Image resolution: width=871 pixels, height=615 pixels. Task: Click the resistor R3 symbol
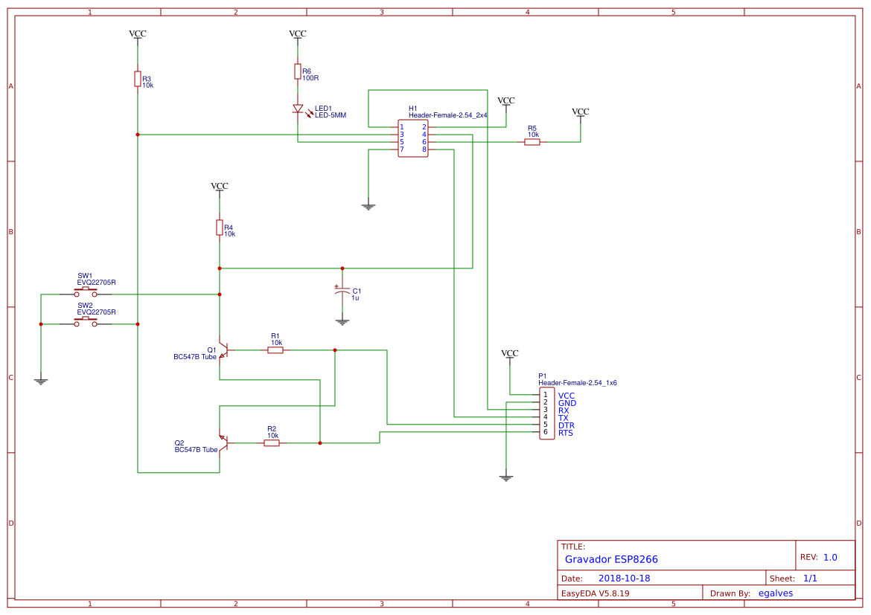pyautogui.click(x=138, y=79)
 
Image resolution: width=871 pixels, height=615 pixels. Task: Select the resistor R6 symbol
pyautogui.click(x=298, y=71)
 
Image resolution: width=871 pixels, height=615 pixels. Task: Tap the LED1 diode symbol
pyautogui.click(x=298, y=109)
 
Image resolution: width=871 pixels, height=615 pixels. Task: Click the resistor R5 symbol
pyautogui.click(x=532, y=142)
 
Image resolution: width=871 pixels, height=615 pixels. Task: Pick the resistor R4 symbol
pyautogui.click(x=220, y=228)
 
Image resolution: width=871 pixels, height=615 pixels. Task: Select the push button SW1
pyautogui.click(x=86, y=294)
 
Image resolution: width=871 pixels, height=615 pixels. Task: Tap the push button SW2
pyautogui.click(x=86, y=323)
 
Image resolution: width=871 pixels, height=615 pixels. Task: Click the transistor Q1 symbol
pyautogui.click(x=223, y=350)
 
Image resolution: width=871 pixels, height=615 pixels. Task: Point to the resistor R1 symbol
pyautogui.click(x=275, y=350)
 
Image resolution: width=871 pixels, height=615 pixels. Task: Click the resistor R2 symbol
pyautogui.click(x=272, y=443)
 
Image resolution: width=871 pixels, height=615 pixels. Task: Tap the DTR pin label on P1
pyautogui.click(x=566, y=425)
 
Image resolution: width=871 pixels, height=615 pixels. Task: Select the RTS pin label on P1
pyautogui.click(x=566, y=433)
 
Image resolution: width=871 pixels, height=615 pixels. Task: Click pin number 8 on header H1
pyautogui.click(x=424, y=149)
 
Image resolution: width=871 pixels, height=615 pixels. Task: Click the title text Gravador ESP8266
pyautogui.click(x=611, y=559)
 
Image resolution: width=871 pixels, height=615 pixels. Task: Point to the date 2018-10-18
pyautogui.click(x=624, y=579)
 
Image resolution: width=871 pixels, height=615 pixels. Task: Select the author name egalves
pyautogui.click(x=775, y=593)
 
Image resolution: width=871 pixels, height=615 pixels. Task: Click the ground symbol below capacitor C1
pyautogui.click(x=342, y=322)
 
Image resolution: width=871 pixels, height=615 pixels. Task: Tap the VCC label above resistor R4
pyautogui.click(x=220, y=186)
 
